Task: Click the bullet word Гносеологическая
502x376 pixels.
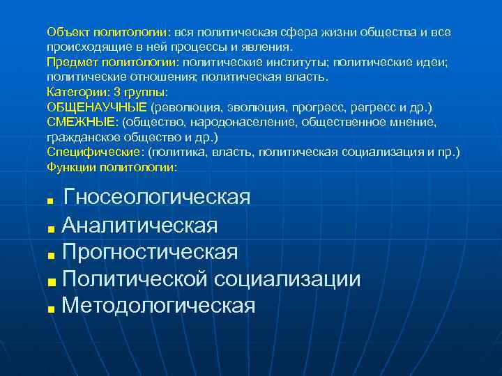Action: pos(156,198)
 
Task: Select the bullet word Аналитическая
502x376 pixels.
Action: pos(139,226)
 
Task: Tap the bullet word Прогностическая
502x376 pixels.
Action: pos(149,252)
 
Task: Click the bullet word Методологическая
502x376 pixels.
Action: pos(158,305)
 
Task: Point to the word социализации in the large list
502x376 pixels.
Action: pos(288,279)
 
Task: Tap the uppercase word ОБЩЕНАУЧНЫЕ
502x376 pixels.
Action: pos(97,108)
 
